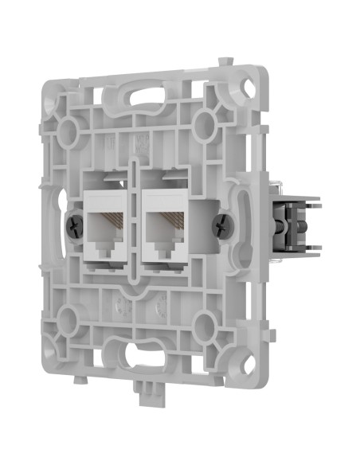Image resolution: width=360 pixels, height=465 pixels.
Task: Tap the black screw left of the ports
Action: tap(74, 225)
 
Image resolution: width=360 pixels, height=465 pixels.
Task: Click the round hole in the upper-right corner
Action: tap(205, 121)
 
